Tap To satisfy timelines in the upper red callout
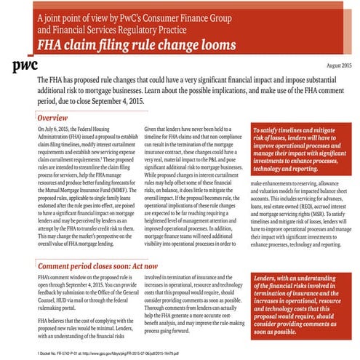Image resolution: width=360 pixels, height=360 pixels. click(270, 127)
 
